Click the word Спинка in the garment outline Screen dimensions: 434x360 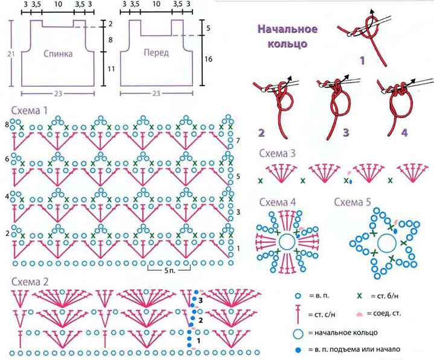coord(58,53)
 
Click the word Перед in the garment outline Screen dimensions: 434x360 coord(156,52)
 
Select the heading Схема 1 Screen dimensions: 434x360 coord(30,110)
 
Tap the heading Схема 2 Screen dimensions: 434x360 coord(30,282)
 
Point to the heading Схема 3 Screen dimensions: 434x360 coord(277,153)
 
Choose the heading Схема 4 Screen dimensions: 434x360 coord(277,202)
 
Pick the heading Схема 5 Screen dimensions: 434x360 coord(353,202)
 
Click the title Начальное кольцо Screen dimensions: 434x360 coord(287,36)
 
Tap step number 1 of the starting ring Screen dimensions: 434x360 coord(362,60)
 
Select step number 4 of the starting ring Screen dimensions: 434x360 coord(404,133)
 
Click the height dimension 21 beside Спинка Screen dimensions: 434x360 coord(11,54)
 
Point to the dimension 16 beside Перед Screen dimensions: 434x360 coord(208,59)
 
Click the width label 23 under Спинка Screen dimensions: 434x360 coord(58,93)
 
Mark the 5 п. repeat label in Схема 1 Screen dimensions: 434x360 coord(170,270)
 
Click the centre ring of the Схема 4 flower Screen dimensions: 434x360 coord(287,242)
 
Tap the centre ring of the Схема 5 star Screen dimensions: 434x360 coord(387,243)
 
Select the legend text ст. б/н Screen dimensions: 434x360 coord(385,296)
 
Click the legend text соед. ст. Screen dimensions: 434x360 coord(384,314)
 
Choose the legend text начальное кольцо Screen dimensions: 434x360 coord(343,333)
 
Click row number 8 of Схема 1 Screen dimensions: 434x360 coord(7,125)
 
